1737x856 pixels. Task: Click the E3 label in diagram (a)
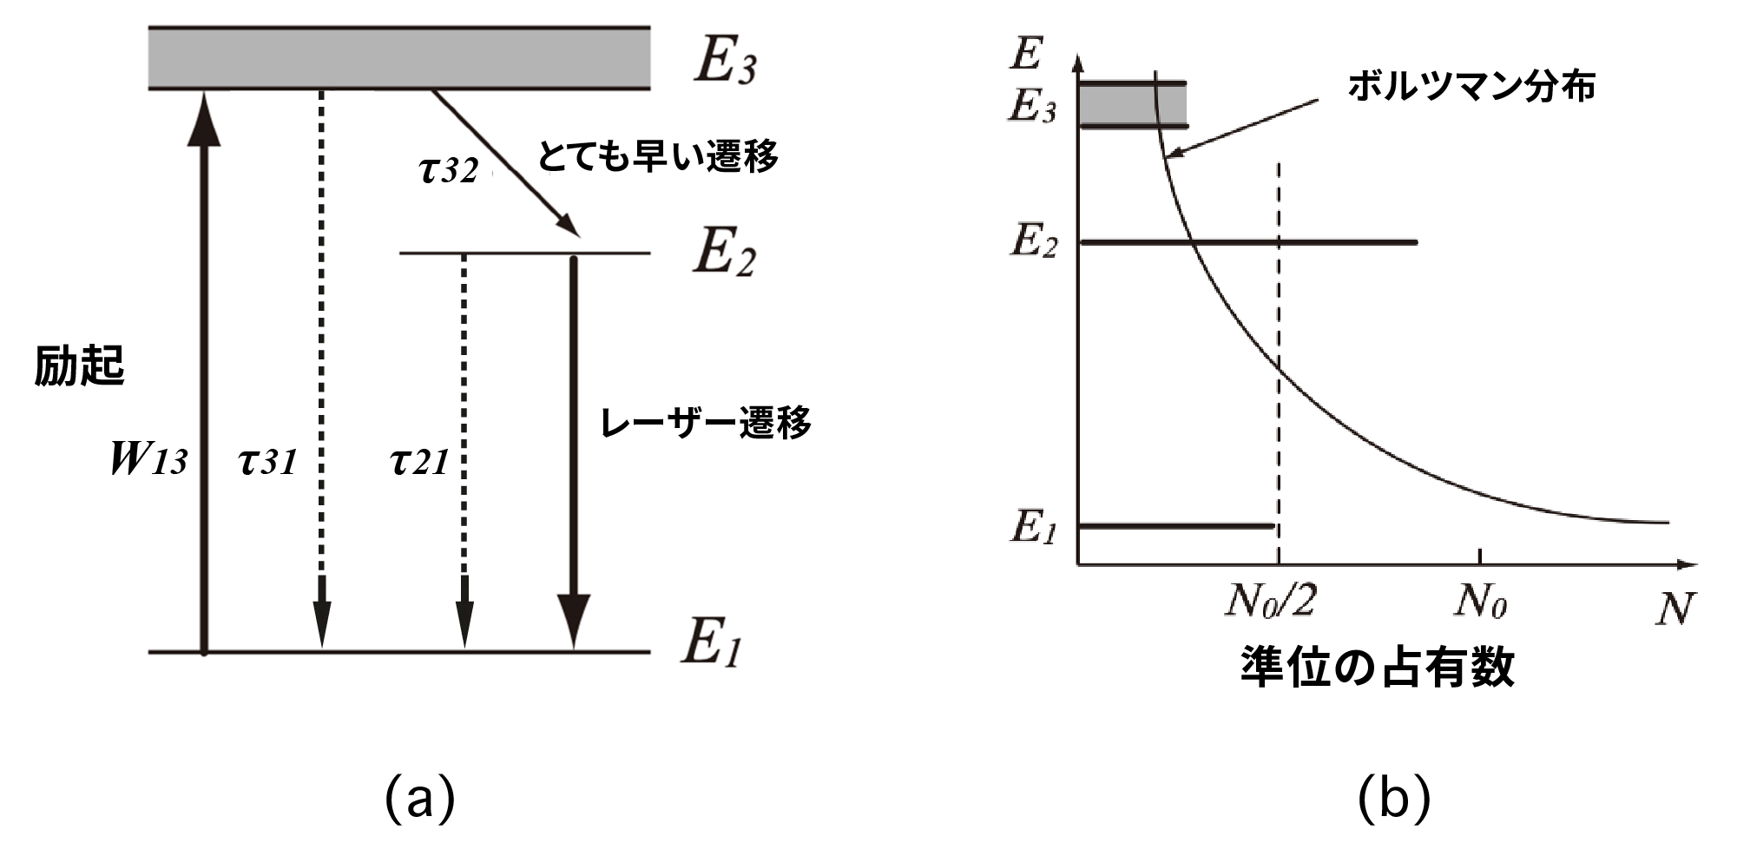726,61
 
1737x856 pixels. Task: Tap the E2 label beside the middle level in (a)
724,253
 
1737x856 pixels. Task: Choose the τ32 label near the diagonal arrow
449,169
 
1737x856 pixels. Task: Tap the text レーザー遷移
706,423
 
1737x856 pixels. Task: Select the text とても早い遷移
657,156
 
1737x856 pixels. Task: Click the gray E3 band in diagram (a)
399,58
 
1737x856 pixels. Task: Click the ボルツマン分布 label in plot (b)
1471,88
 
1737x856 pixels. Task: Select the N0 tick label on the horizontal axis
1480,601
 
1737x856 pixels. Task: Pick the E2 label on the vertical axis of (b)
1034,240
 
